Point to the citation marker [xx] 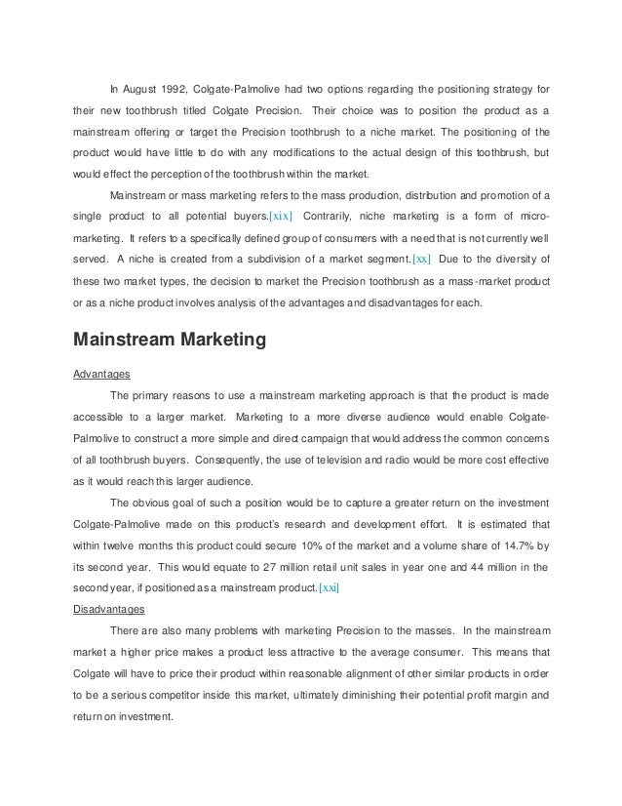(x=422, y=260)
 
